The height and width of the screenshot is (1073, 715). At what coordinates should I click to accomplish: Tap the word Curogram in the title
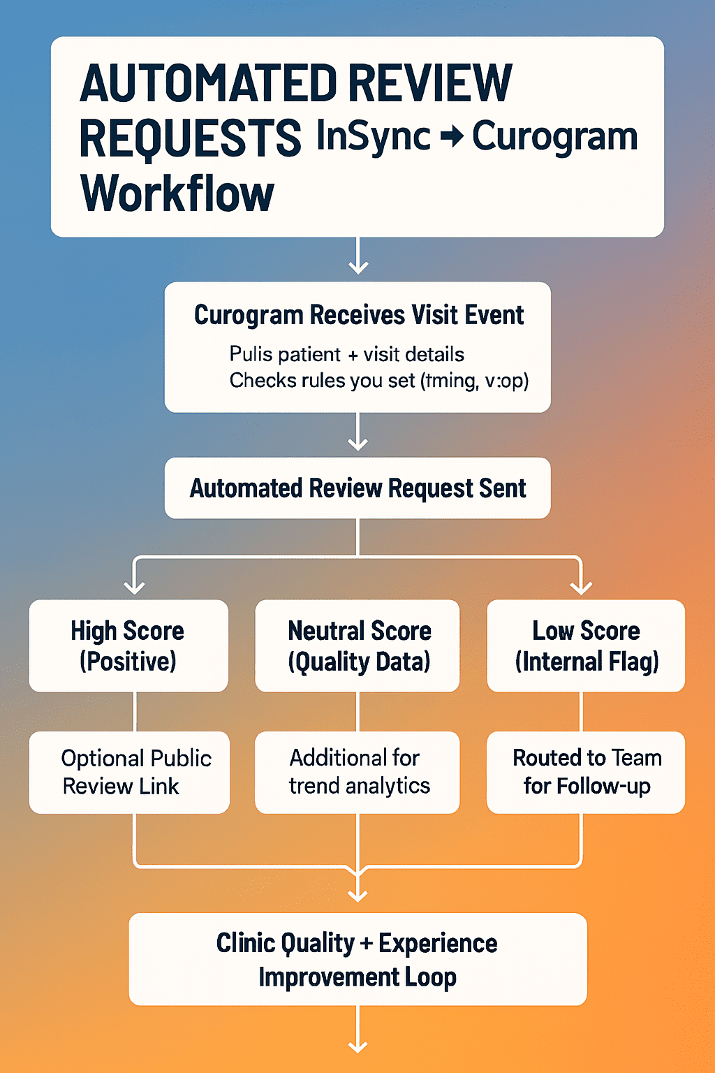pyautogui.click(x=554, y=137)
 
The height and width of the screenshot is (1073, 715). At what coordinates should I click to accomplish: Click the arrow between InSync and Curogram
pyautogui.click(x=452, y=136)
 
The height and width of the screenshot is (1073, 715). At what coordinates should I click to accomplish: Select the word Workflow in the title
pyautogui.click(x=177, y=194)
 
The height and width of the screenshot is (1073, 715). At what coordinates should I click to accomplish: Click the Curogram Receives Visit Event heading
pyautogui.click(x=358, y=315)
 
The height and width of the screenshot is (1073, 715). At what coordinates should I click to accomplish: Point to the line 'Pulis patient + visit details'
pyautogui.click(x=346, y=354)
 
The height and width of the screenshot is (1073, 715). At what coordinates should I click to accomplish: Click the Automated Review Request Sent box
pyautogui.click(x=357, y=488)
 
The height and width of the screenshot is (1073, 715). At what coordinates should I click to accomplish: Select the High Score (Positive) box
pyautogui.click(x=128, y=645)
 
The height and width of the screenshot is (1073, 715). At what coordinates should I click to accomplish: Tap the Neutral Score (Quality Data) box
pyautogui.click(x=357, y=645)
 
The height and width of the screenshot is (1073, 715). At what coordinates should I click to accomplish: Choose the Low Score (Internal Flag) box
pyautogui.click(x=586, y=645)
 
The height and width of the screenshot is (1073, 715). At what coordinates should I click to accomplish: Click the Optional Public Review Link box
pyautogui.click(x=129, y=772)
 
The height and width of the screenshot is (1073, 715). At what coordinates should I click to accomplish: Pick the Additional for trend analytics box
pyautogui.click(x=357, y=772)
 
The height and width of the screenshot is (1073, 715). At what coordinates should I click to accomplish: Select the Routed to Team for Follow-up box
pyautogui.click(x=586, y=772)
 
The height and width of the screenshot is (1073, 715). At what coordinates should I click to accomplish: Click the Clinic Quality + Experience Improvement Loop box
pyautogui.click(x=357, y=959)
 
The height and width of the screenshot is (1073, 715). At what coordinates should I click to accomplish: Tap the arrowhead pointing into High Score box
pyautogui.click(x=134, y=587)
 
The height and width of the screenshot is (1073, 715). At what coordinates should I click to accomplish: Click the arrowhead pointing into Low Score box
pyautogui.click(x=581, y=587)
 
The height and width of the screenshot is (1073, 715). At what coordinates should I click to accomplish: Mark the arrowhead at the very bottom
pyautogui.click(x=357, y=1045)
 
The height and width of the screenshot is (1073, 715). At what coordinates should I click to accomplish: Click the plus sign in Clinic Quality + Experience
pyautogui.click(x=367, y=944)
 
